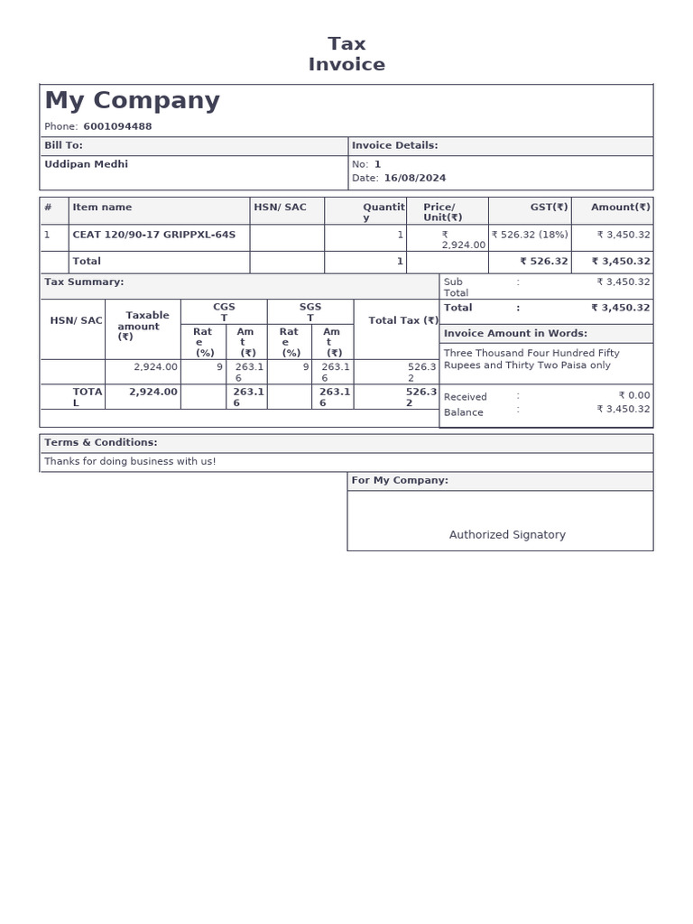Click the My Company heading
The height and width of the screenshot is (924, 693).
tap(132, 101)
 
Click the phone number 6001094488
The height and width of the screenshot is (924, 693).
tap(117, 126)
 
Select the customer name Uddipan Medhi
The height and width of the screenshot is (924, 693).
tap(86, 164)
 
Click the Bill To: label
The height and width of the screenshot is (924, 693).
tap(63, 145)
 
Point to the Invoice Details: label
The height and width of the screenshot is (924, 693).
tap(394, 145)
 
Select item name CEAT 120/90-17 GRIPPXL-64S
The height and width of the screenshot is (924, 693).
tap(153, 235)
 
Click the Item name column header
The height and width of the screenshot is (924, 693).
tap(102, 208)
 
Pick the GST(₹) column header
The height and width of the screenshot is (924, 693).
tap(549, 208)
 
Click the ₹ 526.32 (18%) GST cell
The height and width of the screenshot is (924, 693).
tap(530, 235)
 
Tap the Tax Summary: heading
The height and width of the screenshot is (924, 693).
tap(84, 282)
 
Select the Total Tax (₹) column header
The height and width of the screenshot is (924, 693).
tap(403, 320)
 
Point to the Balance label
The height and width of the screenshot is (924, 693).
tap(463, 412)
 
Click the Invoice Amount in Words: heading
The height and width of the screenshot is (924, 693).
tap(515, 334)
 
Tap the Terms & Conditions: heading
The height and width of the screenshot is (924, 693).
tap(101, 443)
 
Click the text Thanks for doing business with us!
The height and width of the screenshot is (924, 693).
tap(130, 462)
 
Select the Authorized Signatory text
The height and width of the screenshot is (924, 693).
tap(507, 535)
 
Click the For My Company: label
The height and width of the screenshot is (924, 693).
tap(400, 481)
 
